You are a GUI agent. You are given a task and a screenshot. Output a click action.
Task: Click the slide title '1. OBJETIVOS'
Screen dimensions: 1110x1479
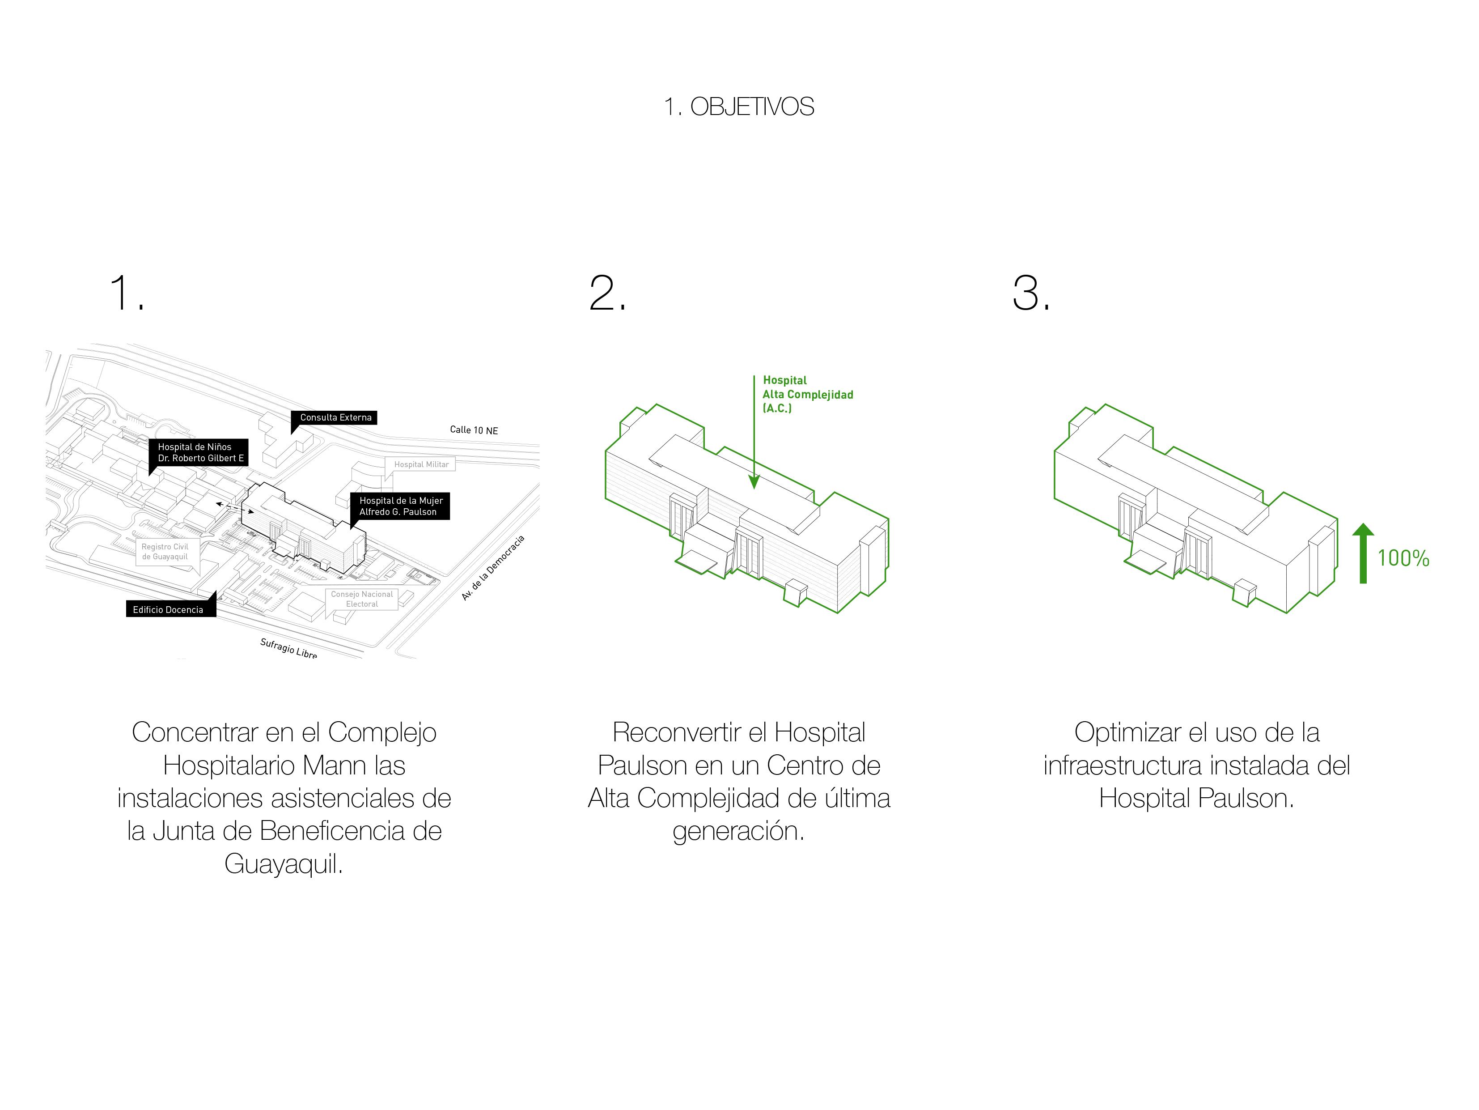pos(739,107)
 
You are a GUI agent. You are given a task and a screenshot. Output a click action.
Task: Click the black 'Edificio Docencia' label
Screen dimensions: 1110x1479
pos(168,609)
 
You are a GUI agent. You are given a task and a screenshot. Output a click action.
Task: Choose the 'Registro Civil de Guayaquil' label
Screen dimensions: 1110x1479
pos(165,552)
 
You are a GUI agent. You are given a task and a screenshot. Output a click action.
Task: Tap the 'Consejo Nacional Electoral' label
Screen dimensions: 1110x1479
pos(362,599)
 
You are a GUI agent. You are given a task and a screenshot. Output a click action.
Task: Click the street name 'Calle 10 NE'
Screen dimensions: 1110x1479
pos(473,430)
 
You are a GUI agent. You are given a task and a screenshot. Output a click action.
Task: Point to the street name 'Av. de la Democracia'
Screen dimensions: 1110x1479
pos(493,568)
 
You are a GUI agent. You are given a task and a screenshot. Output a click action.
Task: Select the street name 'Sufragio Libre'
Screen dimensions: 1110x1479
pos(288,648)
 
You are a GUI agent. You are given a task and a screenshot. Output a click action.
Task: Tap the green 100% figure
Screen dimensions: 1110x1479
pos(1403,558)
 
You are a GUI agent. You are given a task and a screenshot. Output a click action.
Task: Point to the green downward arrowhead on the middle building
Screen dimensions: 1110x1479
pos(754,481)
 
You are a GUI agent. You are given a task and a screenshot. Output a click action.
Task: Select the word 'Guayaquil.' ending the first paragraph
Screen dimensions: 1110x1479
pos(284,864)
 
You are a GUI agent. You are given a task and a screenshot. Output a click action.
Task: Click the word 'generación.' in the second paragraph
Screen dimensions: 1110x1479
pos(738,831)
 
